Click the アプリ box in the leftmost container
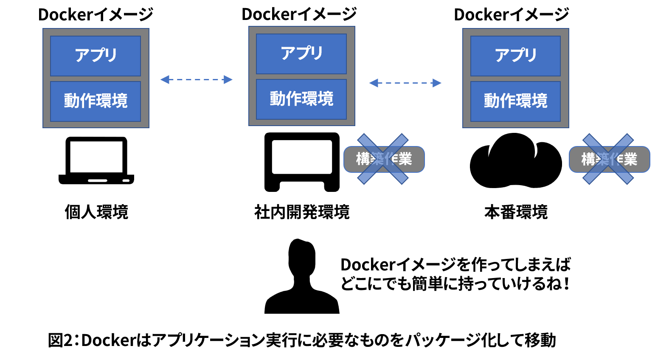point(96,56)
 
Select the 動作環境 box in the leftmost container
point(96,101)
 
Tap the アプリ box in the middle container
point(301,54)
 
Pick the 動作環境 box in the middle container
point(301,99)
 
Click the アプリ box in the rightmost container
point(515,56)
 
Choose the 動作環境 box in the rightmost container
point(515,101)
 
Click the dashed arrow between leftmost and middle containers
point(196,79)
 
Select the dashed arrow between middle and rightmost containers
point(405,83)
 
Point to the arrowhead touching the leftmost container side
point(165,79)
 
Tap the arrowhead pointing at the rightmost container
point(437,83)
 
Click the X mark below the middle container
point(383,159)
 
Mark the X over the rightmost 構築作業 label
point(608,159)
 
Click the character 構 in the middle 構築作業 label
point(363,159)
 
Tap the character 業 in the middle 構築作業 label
point(405,159)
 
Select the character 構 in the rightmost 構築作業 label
point(588,159)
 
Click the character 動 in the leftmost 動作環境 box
point(72,101)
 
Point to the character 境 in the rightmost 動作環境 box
point(540,101)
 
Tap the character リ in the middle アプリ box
point(317,53)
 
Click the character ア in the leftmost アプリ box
point(82,55)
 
